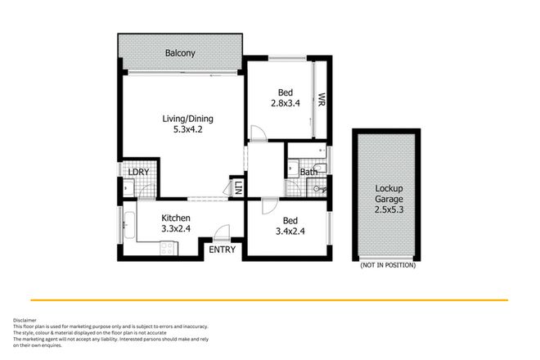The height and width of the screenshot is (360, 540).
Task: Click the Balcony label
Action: (180, 53)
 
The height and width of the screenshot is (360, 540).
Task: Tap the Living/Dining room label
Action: (182, 117)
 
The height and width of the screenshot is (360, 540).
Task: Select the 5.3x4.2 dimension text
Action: (182, 128)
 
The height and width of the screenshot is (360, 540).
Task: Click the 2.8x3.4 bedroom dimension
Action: (289, 103)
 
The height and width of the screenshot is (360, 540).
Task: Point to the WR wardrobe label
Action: (322, 101)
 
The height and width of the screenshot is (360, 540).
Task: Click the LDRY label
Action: (137, 173)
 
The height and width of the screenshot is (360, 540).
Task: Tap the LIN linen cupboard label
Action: (238, 187)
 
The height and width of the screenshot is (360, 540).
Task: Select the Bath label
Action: (308, 172)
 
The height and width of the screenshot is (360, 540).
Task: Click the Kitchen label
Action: (176, 218)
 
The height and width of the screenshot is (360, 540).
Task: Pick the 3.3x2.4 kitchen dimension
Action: (176, 229)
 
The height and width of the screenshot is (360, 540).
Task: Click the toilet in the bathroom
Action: (321, 190)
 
